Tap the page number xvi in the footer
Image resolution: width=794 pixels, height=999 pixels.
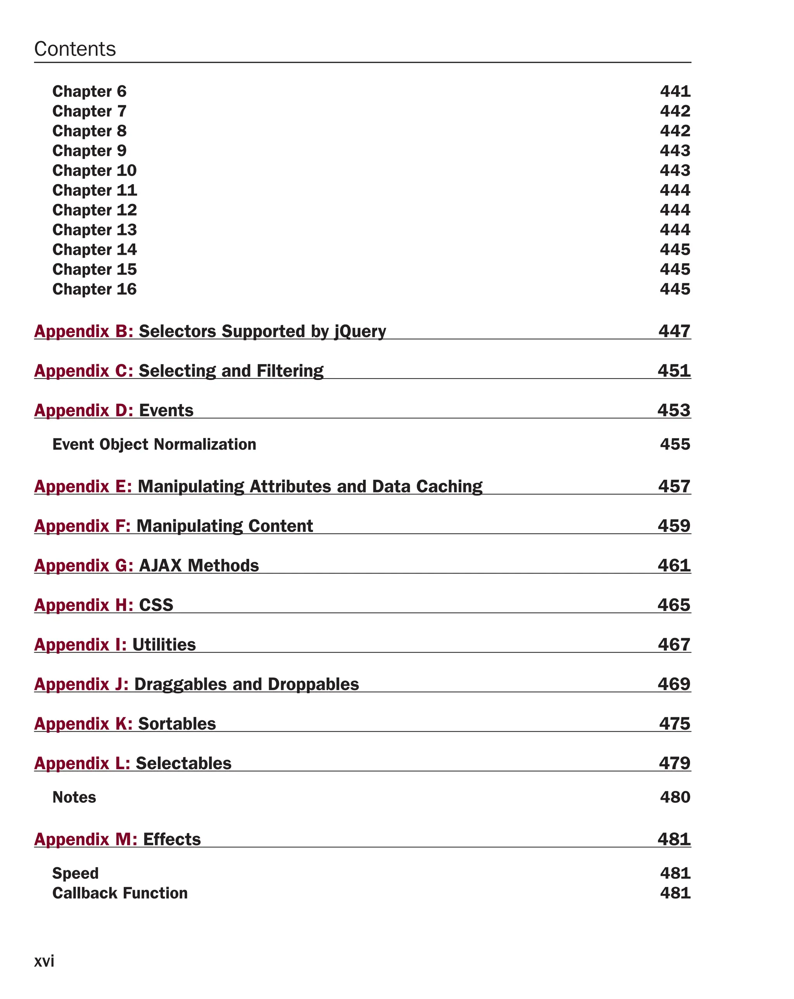tap(44, 961)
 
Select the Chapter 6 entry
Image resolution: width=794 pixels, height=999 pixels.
tap(89, 91)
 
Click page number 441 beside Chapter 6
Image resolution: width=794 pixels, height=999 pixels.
tap(675, 91)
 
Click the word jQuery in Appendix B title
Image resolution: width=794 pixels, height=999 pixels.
tap(360, 331)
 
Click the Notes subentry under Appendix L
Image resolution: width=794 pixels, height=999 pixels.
tap(74, 797)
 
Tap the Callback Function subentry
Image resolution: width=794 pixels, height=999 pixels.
tap(119, 893)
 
